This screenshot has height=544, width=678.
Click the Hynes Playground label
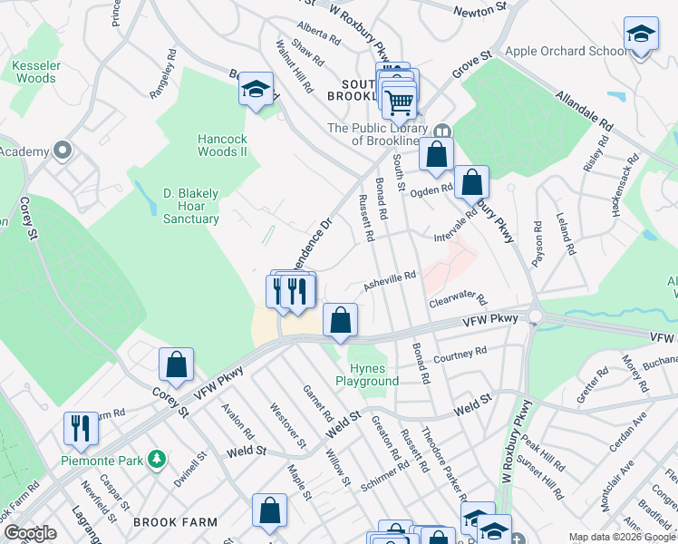[367, 374]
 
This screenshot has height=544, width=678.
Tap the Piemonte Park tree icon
[157, 461]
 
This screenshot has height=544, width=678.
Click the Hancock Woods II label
[223, 145]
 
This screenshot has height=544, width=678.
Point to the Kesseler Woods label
[34, 72]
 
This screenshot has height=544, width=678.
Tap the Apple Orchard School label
[567, 51]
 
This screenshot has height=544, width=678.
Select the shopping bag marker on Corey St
[176, 365]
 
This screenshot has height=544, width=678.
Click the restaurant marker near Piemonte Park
[80, 430]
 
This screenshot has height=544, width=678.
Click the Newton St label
[480, 9]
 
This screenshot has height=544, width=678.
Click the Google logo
[31, 533]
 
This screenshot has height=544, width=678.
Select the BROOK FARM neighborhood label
[175, 522]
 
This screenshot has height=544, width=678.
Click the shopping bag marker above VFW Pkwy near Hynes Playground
[341, 320]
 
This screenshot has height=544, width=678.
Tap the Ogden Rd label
[433, 189]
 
